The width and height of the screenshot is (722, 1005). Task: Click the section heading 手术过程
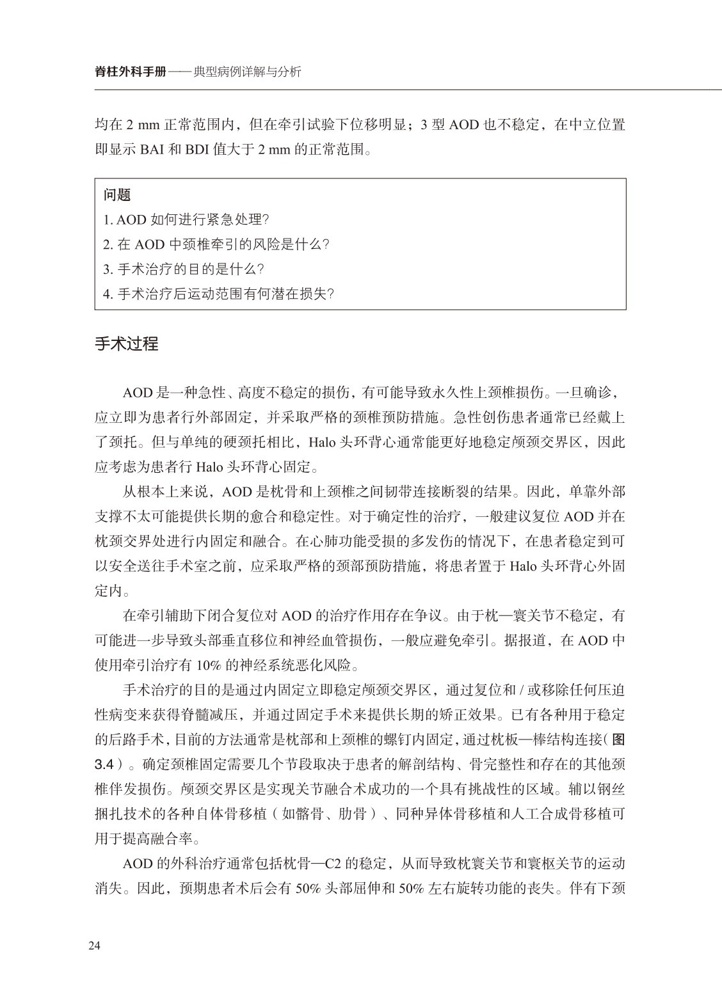126,344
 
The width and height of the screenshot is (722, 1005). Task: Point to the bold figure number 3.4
105,764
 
